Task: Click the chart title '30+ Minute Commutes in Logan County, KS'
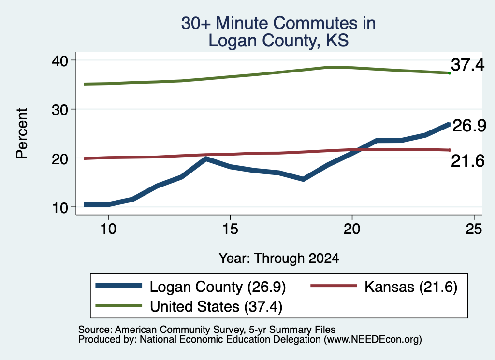[x=278, y=32]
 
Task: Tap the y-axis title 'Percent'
[x=22, y=133]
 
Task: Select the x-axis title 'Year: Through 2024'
[x=279, y=258]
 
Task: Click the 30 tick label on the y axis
[x=59, y=110]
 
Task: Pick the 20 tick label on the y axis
[x=59, y=158]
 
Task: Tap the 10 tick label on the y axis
[x=59, y=208]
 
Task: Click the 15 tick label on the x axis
[x=230, y=229]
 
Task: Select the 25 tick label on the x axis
[x=474, y=229]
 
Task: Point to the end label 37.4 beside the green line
[x=467, y=65]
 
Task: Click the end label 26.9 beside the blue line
[x=469, y=126]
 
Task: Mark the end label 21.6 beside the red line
[x=467, y=161]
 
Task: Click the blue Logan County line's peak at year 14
[x=206, y=158]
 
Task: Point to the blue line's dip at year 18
[x=303, y=179]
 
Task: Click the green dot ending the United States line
[x=450, y=73]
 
